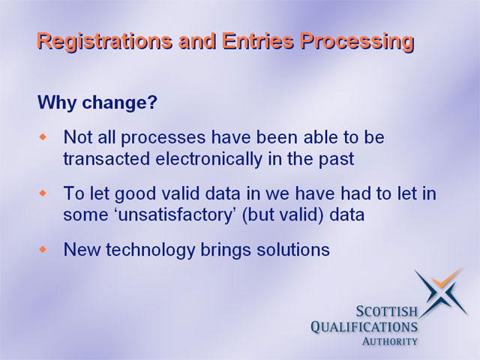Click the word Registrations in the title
click(x=105, y=42)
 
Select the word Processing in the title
click(x=357, y=42)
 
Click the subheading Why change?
click(x=97, y=103)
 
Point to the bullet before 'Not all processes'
click(x=43, y=136)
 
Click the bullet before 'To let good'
click(x=43, y=193)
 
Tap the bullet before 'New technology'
click(x=43, y=249)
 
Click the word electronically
click(x=208, y=159)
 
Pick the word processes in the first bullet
click(x=163, y=138)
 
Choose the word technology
click(x=151, y=250)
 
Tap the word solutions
click(x=293, y=250)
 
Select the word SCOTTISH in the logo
click(x=387, y=311)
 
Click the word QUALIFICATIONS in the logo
click(x=364, y=327)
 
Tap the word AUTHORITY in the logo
click(x=390, y=341)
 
